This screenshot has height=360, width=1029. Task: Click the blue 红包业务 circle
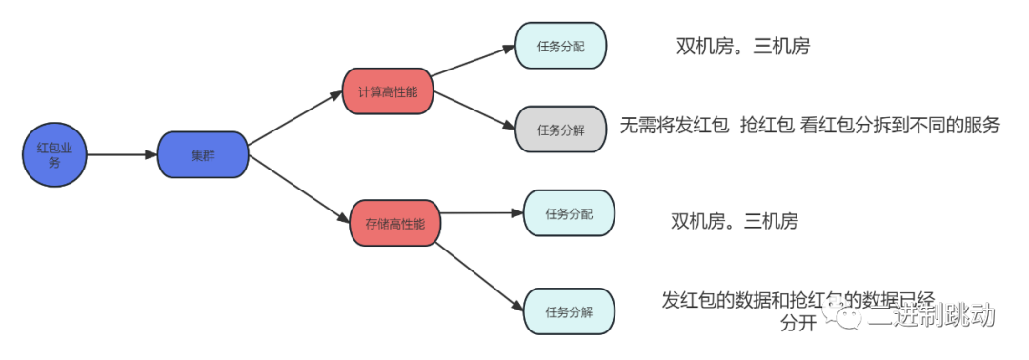point(54,155)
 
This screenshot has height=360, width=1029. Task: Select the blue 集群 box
point(202,155)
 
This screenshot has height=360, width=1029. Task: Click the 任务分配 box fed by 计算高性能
point(560,45)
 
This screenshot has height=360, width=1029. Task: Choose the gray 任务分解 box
point(560,130)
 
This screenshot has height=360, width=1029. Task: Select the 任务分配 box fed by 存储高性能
point(569,213)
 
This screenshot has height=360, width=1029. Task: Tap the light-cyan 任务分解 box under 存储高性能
point(569,311)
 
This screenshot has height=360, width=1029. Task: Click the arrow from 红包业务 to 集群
point(121,155)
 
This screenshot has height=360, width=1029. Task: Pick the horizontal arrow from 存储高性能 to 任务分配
point(481,213)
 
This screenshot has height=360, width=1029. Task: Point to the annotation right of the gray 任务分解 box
point(809,125)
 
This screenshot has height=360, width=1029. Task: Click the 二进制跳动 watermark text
point(930,313)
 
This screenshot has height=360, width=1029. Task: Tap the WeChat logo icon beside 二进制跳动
point(840,310)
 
